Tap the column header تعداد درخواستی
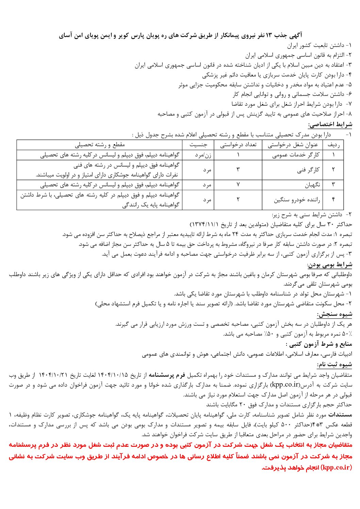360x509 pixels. [238, 145]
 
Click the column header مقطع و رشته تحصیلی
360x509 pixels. [100, 145]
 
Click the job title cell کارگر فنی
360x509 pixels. [308, 170]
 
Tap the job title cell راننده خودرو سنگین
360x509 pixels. [297, 200]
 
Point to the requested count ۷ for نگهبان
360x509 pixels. [238, 185]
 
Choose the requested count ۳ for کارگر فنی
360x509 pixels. [238, 170]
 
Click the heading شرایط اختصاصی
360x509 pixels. [330, 124]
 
